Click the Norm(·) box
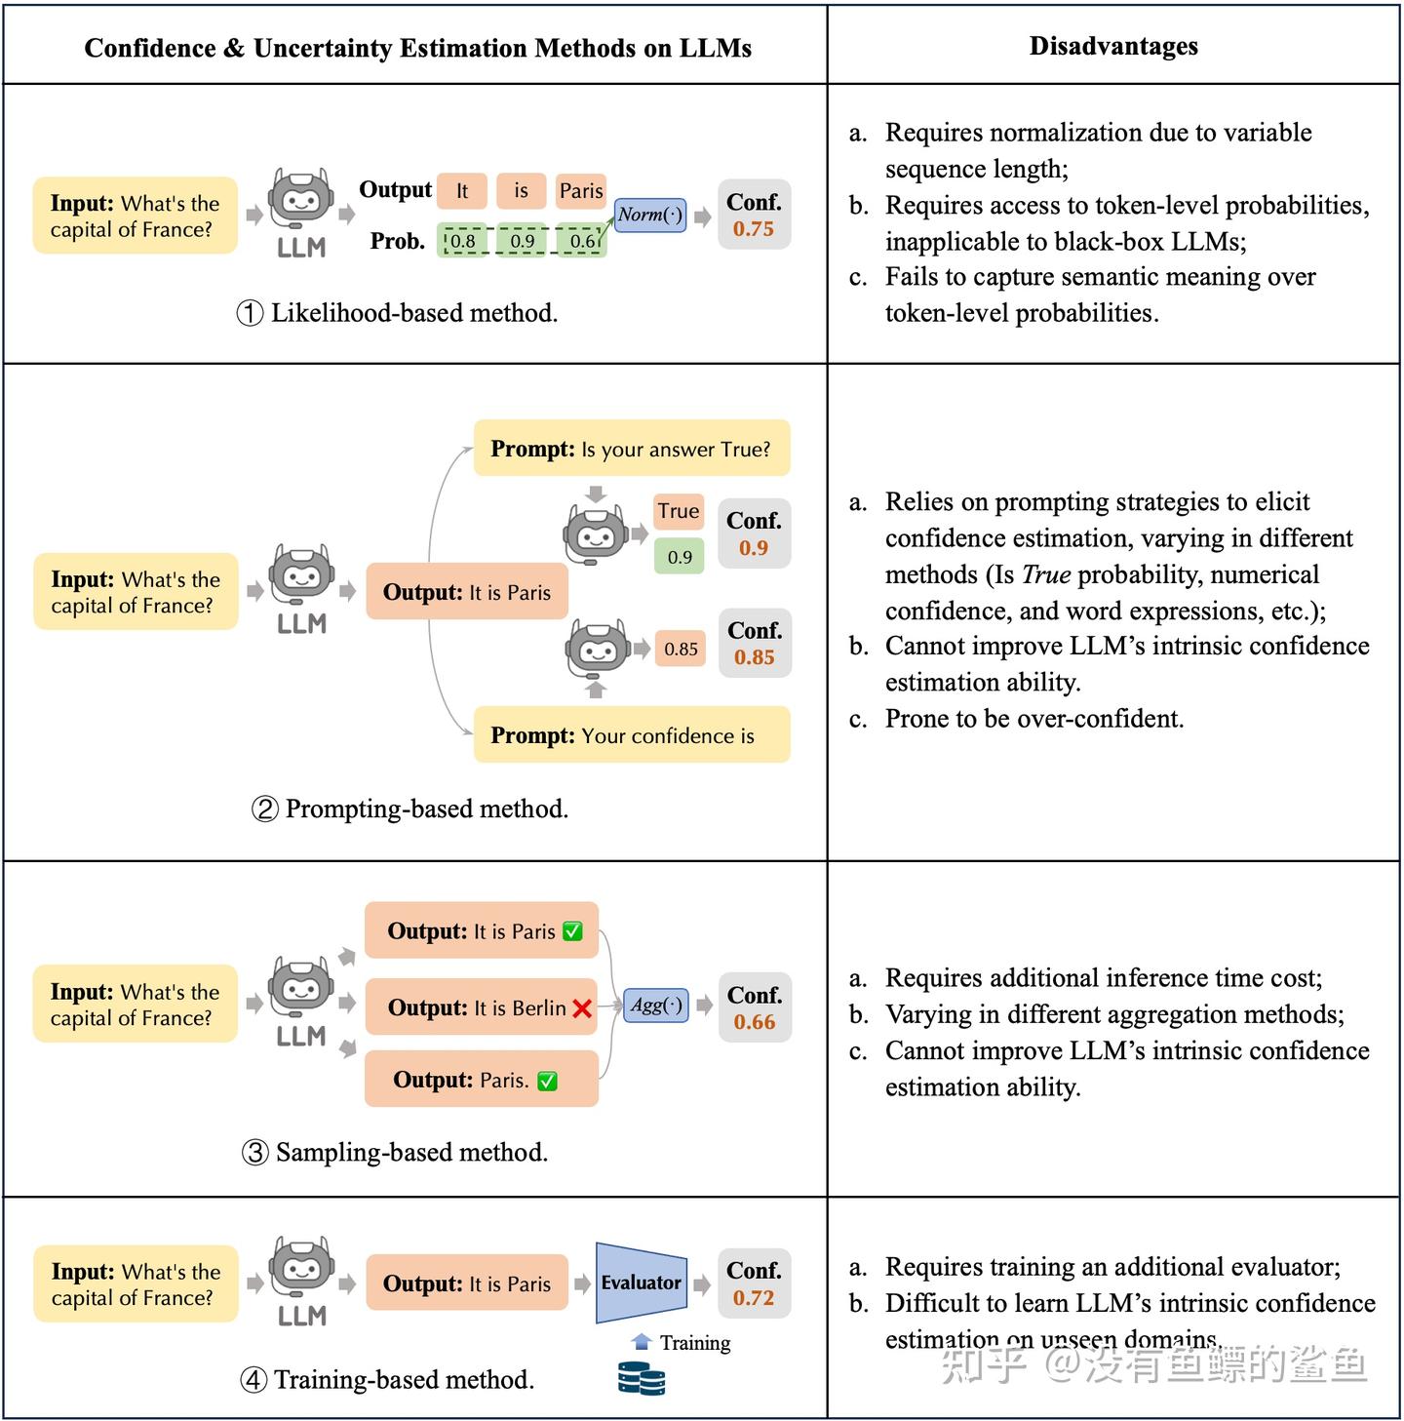(649, 215)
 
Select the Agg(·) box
(655, 1006)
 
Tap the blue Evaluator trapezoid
(641, 1283)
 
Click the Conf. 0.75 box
(754, 215)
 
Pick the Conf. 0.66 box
(755, 1007)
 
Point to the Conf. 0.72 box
(754, 1283)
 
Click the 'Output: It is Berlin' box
(481, 1007)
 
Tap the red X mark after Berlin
(582, 1008)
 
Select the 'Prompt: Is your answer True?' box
(631, 449)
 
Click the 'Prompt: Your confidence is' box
(631, 734)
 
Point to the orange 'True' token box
(679, 511)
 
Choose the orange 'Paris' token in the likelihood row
(581, 191)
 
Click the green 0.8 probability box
(462, 240)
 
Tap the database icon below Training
(642, 1378)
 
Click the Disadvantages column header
(1113, 46)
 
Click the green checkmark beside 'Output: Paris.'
(547, 1081)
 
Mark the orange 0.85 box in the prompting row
(680, 649)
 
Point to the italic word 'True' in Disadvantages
(1046, 573)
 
